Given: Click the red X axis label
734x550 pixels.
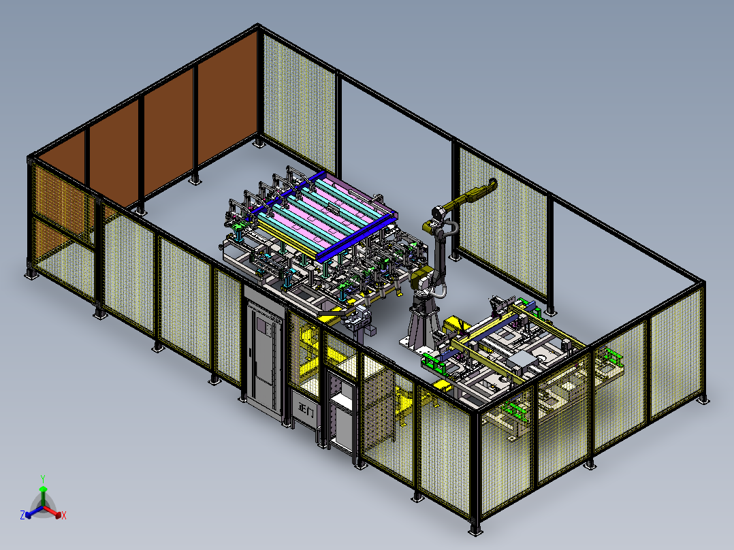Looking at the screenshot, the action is click(64, 515).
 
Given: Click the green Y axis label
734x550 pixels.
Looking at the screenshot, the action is click(43, 479).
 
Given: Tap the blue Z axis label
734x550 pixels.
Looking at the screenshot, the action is click(22, 515).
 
